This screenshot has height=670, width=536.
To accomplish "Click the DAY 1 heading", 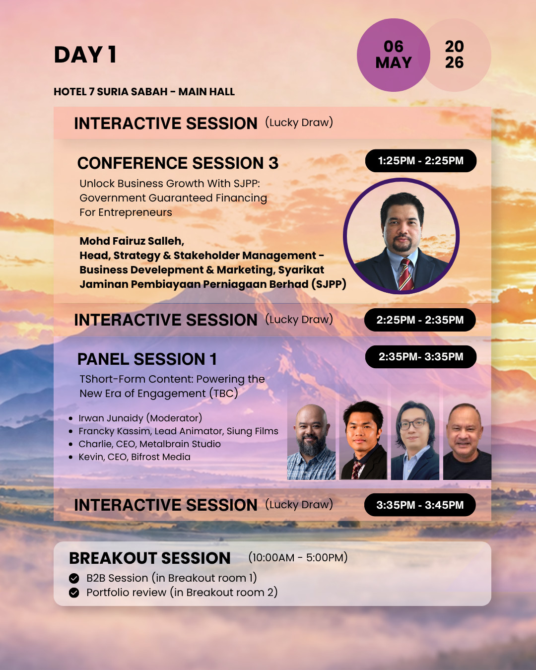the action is point(85,55).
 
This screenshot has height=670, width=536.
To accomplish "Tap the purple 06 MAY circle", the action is point(394,55).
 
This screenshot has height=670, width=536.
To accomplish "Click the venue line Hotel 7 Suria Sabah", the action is point(144,91).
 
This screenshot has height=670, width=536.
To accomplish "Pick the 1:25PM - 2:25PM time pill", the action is point(421,161).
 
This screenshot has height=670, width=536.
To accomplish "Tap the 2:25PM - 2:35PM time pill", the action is point(420,320).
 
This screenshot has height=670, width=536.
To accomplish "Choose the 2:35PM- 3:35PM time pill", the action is point(421,357).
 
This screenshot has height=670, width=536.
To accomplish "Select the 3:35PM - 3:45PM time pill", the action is point(420,505).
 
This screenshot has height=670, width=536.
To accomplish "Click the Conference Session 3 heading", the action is point(178,163).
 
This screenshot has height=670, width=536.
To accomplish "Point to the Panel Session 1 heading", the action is point(147,359).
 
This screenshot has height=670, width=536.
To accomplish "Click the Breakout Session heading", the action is point(150,558).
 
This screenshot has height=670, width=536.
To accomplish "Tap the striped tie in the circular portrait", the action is point(406,274).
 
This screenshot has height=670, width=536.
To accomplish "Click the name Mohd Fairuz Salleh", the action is point(132,241).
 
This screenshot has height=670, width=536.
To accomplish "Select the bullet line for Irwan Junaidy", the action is point(135,418).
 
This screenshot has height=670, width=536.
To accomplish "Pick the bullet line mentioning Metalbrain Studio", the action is point(145,444).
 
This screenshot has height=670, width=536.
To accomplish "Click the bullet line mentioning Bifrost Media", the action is point(130,457).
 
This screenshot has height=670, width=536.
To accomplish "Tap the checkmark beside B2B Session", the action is point(74,578).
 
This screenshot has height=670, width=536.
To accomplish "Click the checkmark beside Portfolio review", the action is point(74,593).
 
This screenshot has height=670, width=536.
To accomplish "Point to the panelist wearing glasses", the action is point(415,440).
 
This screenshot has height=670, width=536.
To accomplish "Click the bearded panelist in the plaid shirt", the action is point(312,442).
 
